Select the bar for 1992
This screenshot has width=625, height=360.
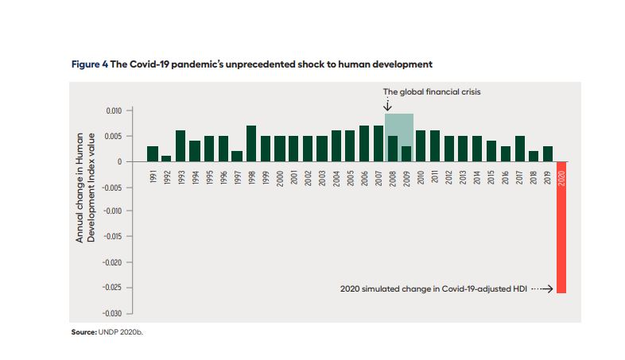tap(166, 158)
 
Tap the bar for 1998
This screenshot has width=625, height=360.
tap(251, 144)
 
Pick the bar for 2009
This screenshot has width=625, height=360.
tap(406, 153)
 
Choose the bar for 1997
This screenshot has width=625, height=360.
tap(237, 156)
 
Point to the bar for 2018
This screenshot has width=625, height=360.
tap(534, 156)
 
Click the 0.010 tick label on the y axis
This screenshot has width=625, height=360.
tap(112, 110)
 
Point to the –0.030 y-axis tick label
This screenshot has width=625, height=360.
tap(111, 312)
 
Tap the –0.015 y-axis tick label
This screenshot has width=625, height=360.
tap(111, 237)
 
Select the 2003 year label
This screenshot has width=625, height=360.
tap(322, 176)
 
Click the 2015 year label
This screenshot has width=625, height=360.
tap(491, 176)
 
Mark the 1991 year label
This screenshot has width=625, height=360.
tap(153, 176)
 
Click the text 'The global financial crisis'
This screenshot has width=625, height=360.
tap(432, 91)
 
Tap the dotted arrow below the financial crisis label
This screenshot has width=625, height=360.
tap(388, 104)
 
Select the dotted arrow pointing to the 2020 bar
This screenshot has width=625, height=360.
tap(542, 289)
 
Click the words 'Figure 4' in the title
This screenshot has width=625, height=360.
tap(89, 63)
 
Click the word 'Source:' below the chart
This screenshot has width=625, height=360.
tap(83, 332)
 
